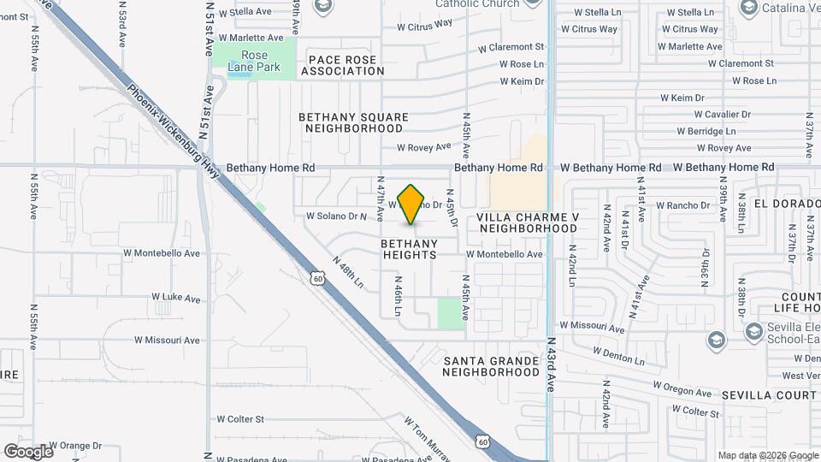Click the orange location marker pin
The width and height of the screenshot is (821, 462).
pos(411,204)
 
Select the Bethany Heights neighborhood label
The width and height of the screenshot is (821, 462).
pos(409,249)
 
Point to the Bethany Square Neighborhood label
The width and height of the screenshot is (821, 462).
pos(353,122)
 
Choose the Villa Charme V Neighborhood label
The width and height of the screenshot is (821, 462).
pos(529,223)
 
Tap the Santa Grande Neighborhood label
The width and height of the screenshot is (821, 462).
pos(492,366)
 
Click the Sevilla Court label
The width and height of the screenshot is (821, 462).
pos(769,395)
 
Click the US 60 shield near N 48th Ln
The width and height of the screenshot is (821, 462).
pos(318,278)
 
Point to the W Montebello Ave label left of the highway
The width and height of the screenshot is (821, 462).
pos(162,253)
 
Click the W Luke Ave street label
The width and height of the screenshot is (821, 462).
pos(175,298)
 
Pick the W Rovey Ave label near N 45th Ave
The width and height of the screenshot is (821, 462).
pos(423,147)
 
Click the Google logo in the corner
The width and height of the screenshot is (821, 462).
pos(28,451)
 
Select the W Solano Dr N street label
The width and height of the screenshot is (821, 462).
pos(336,216)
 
